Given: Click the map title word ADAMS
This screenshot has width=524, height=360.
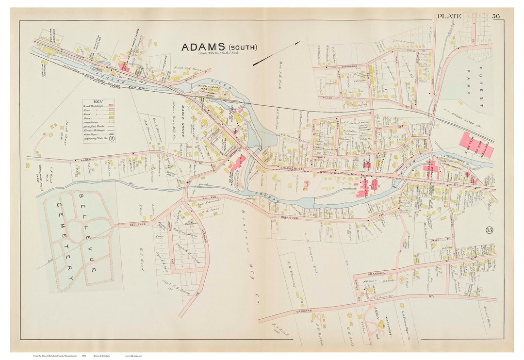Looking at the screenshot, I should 201,47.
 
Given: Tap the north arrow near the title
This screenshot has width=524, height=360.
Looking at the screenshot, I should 277,53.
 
